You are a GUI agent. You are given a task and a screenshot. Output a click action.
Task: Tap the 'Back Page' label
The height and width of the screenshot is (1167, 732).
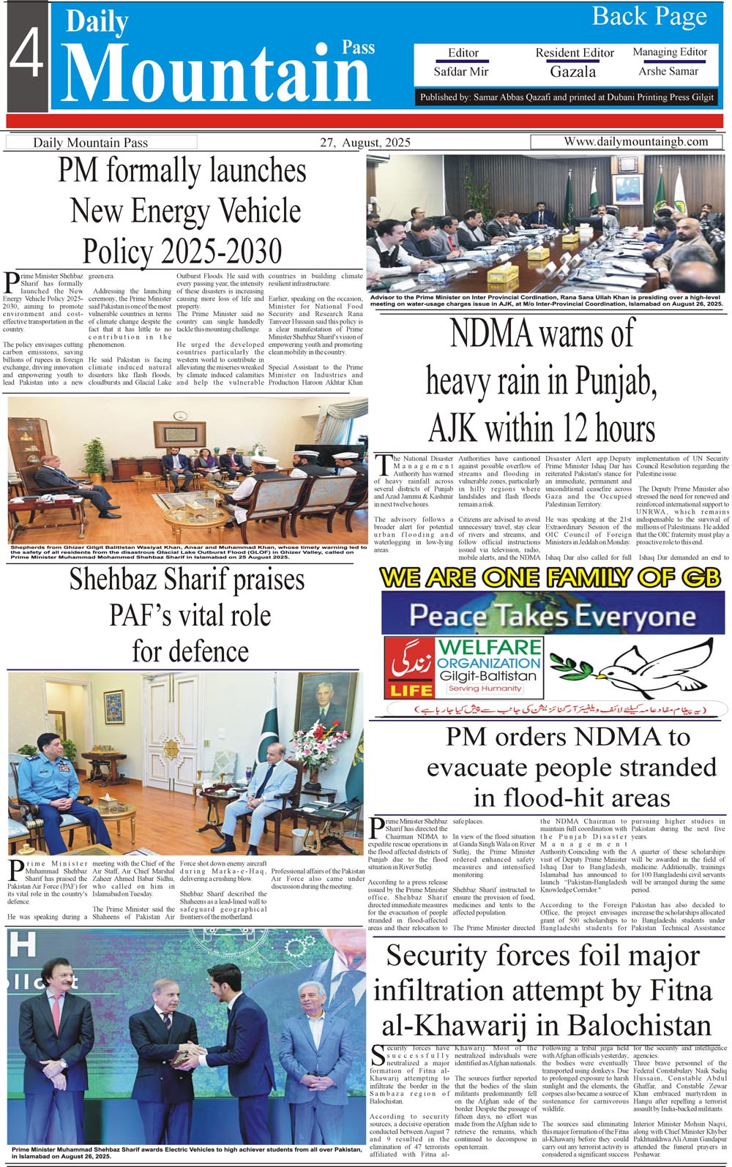tap(649, 17)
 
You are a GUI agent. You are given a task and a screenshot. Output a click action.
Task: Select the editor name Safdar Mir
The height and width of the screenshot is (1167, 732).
tap(461, 72)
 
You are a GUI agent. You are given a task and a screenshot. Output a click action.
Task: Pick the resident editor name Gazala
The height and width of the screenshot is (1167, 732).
tap(573, 72)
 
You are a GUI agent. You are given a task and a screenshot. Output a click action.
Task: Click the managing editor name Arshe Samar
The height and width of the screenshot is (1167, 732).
tap(668, 71)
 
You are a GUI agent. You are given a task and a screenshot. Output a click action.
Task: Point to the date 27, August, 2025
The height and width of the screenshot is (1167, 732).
tap(365, 143)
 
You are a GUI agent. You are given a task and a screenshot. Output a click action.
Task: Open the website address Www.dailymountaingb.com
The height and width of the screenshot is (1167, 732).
tap(635, 142)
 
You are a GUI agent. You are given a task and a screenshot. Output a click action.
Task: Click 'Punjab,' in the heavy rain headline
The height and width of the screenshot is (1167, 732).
tap(614, 381)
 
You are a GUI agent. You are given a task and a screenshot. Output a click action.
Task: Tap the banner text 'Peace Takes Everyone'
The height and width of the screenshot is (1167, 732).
tap(553, 616)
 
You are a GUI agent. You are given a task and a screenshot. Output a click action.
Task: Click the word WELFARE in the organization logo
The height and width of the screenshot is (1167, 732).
tap(490, 647)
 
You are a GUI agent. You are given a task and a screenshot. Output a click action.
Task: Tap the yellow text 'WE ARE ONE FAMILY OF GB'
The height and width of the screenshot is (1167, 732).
tap(550, 578)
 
